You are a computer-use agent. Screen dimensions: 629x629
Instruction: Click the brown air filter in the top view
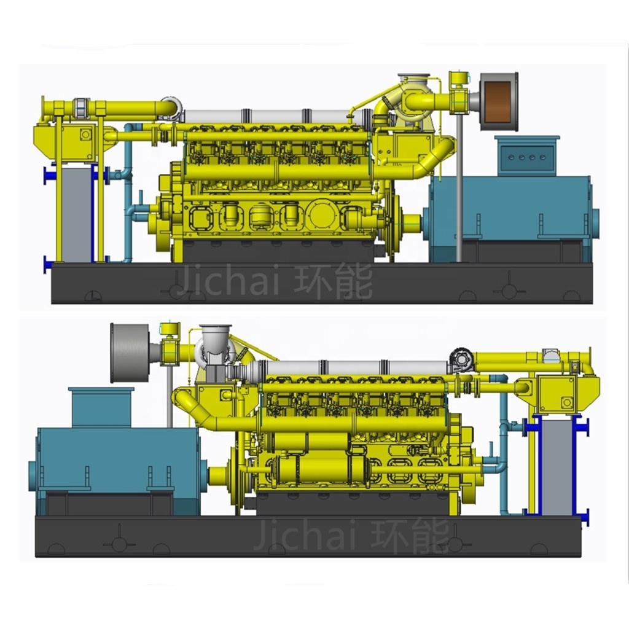tap(499, 102)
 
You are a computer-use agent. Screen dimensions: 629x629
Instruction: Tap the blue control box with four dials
tap(526, 155)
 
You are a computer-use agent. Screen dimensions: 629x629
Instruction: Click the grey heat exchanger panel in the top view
tap(77, 213)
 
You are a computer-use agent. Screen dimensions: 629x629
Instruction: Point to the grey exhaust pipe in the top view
tap(267, 116)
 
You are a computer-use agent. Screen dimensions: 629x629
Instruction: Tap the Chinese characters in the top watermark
tap(334, 281)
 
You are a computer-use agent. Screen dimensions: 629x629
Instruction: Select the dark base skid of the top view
tap(322, 283)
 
